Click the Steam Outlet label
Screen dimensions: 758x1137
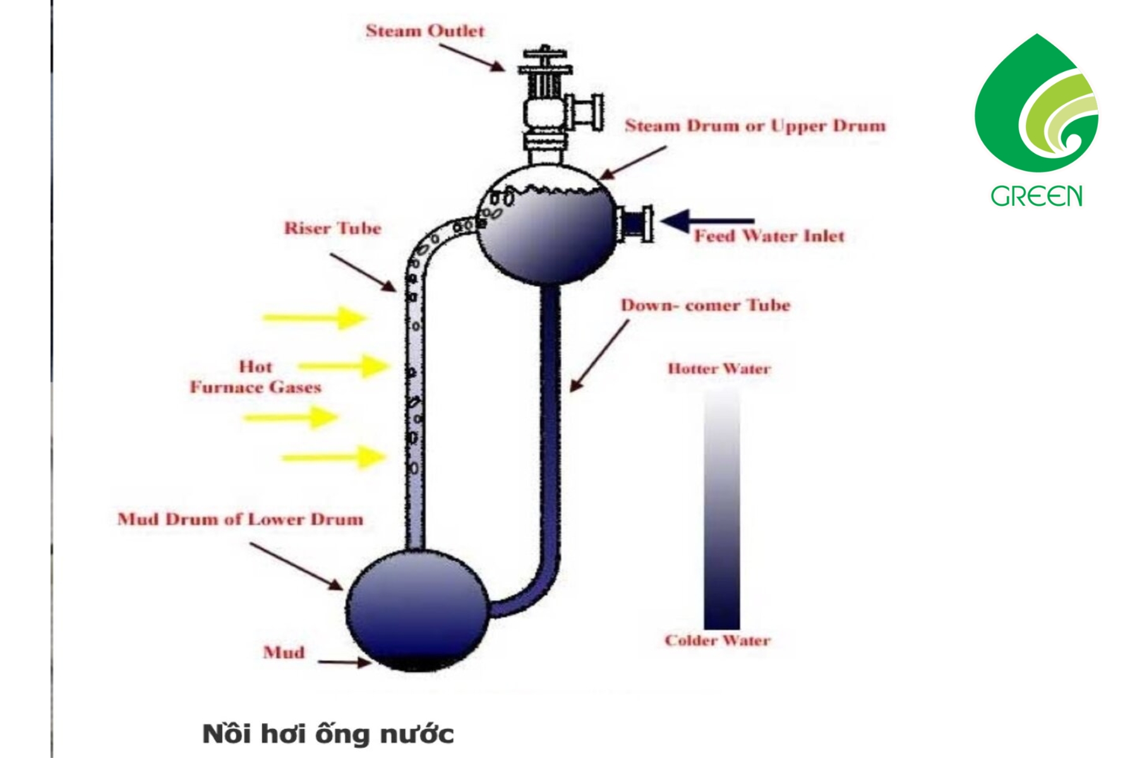pyautogui.click(x=424, y=31)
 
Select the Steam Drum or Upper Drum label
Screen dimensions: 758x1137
pyautogui.click(x=755, y=126)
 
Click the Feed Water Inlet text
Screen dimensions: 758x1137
pyautogui.click(x=769, y=236)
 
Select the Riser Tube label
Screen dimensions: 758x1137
pyautogui.click(x=332, y=228)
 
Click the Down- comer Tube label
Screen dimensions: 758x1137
pyautogui.click(x=705, y=305)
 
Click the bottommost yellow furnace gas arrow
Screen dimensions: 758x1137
pyautogui.click(x=334, y=457)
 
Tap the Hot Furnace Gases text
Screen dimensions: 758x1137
pyautogui.click(x=255, y=377)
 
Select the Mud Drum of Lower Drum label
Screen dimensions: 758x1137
pyautogui.click(x=240, y=519)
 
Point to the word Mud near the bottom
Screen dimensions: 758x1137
pyautogui.click(x=284, y=652)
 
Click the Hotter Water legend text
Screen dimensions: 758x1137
pyautogui.click(x=719, y=369)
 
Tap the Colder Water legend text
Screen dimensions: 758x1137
pyautogui.click(x=717, y=641)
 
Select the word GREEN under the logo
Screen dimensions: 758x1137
pyautogui.click(x=1036, y=196)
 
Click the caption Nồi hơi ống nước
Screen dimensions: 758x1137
pyautogui.click(x=328, y=734)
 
